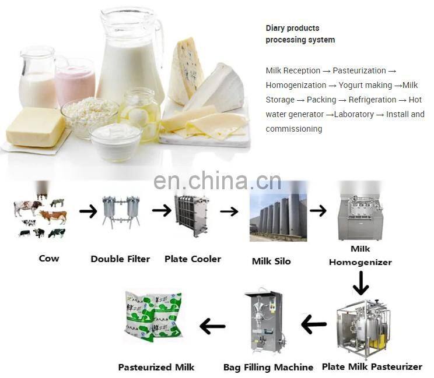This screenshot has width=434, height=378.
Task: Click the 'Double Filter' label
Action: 120,259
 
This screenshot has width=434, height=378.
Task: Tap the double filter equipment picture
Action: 121,212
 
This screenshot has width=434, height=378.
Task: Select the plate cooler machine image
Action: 191,216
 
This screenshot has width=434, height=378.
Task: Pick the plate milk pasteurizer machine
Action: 363,330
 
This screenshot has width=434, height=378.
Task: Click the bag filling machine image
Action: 264,322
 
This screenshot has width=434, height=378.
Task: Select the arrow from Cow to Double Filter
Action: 88,211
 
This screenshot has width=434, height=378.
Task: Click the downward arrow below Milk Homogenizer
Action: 360,283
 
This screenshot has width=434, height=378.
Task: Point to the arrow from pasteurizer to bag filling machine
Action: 314,324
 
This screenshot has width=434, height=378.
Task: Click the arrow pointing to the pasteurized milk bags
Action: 212,326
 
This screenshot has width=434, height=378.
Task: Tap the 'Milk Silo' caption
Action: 271,262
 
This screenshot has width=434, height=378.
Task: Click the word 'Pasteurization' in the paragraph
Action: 359,70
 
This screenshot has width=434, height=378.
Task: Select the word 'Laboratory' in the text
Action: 354,114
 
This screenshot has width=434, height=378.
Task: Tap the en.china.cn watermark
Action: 217,181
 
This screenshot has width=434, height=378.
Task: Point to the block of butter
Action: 36,128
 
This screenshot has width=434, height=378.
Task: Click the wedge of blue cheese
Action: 185,71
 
